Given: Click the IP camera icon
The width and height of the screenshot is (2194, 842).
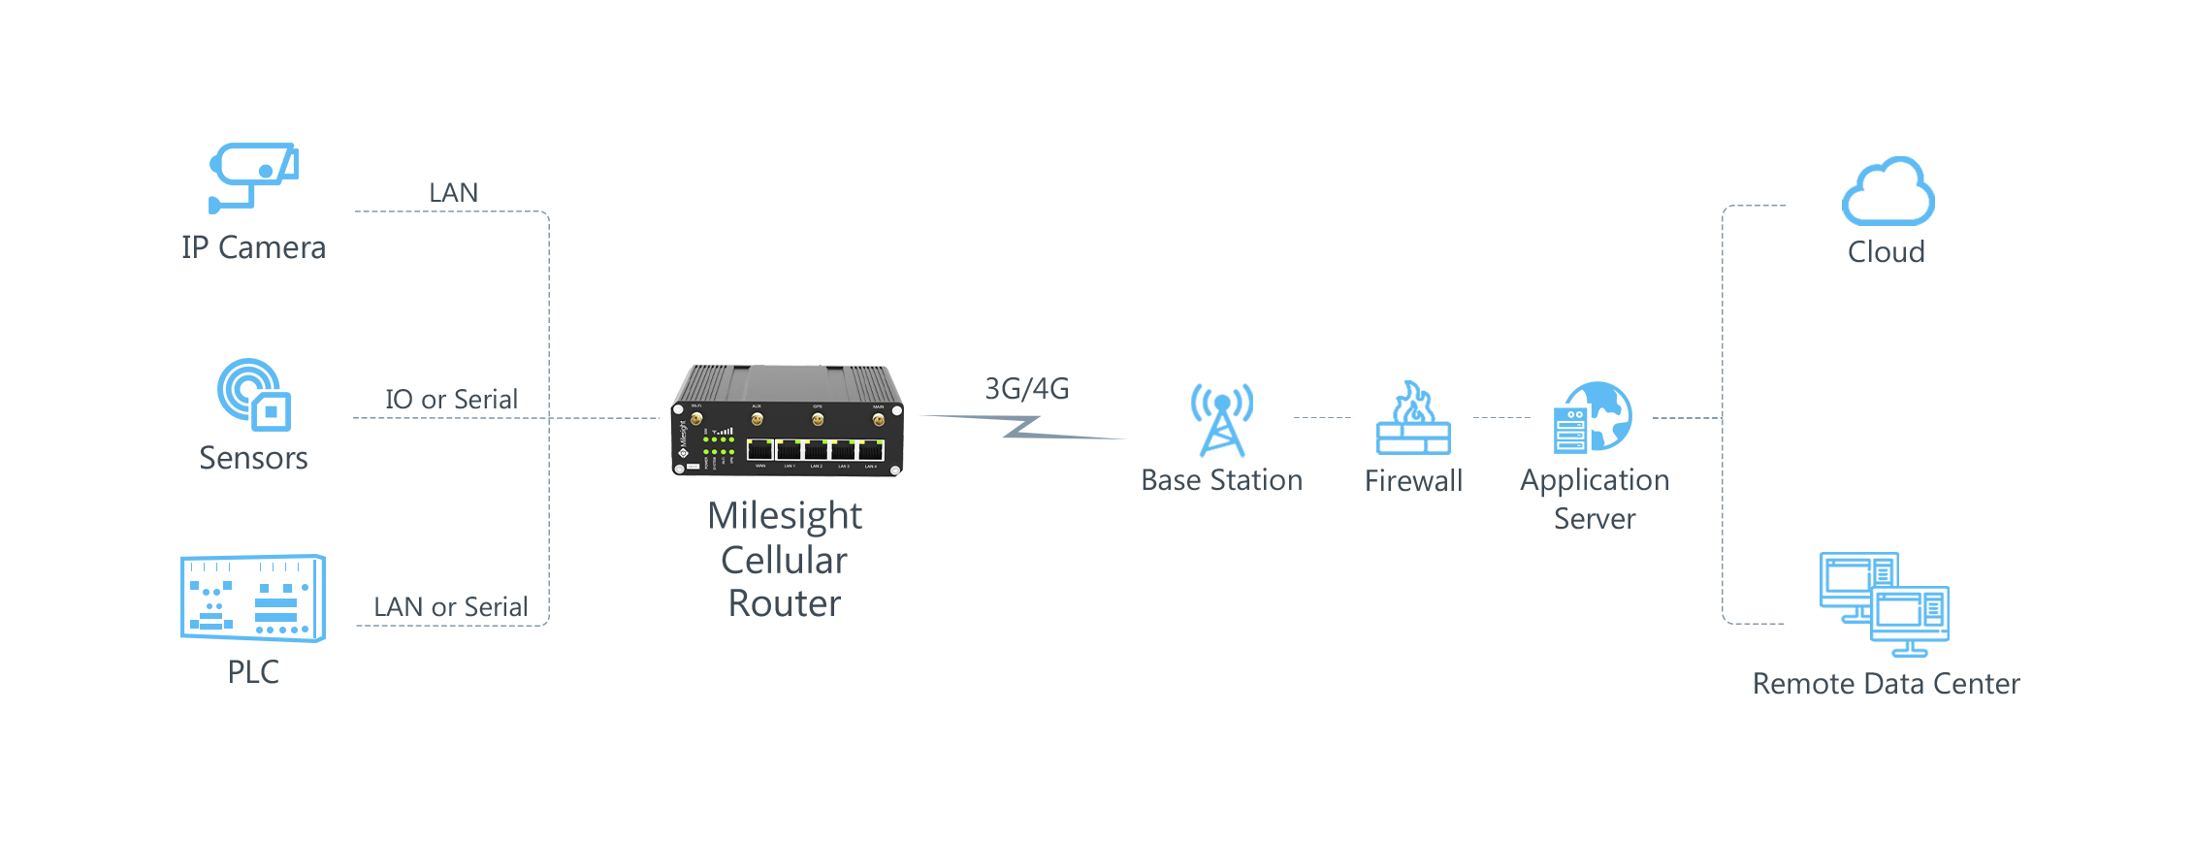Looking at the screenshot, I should pyautogui.click(x=253, y=178).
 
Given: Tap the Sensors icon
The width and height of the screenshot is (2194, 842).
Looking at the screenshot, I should pyautogui.click(x=253, y=395).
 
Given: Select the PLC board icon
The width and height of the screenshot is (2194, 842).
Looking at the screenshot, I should pyautogui.click(x=253, y=598).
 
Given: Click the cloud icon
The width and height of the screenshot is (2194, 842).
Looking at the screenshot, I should pyautogui.click(x=1887, y=192).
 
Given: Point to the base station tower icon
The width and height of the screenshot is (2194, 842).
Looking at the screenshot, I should pyautogui.click(x=1222, y=419).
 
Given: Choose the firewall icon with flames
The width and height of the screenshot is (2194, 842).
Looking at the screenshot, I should pyautogui.click(x=1413, y=419).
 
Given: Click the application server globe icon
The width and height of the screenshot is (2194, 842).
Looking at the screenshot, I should pyautogui.click(x=1593, y=417).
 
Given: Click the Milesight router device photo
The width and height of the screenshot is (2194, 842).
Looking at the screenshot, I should pyautogui.click(x=787, y=422).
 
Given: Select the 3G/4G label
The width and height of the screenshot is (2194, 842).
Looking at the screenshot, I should pyautogui.click(x=1026, y=389).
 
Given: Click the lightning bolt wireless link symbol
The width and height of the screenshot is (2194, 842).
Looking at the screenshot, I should pyautogui.click(x=1022, y=427).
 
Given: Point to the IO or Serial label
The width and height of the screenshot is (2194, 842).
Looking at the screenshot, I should pyautogui.click(x=451, y=399).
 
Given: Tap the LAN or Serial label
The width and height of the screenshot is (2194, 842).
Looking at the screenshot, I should pyautogui.click(x=451, y=607).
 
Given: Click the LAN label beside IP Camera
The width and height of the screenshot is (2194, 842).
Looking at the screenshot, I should pyautogui.click(x=453, y=192).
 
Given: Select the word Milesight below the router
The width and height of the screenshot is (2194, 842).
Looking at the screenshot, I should pyautogui.click(x=786, y=516).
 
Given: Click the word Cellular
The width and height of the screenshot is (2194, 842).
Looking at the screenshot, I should pyautogui.click(x=784, y=561).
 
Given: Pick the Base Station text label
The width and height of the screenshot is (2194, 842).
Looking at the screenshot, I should pyautogui.click(x=1221, y=480).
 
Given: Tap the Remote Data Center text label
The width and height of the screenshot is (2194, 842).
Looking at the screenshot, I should pyautogui.click(x=1886, y=683).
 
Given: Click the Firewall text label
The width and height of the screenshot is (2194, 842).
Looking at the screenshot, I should pyautogui.click(x=1413, y=480).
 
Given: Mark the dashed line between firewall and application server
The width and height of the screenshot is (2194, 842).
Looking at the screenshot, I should pyautogui.click(x=1502, y=418).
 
